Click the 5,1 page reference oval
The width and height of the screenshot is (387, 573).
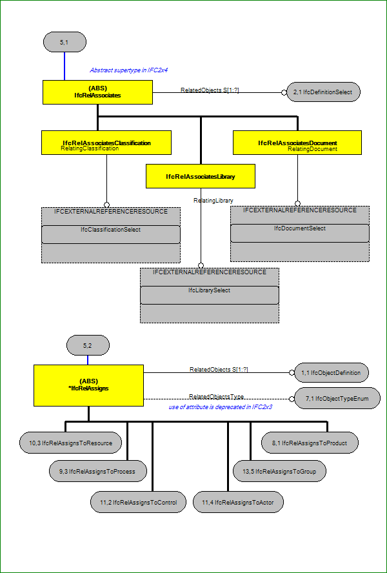(x=64, y=42)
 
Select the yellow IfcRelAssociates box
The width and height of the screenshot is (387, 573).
(x=97, y=92)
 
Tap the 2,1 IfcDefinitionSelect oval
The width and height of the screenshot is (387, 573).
(x=323, y=92)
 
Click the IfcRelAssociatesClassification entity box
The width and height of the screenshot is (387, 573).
(x=106, y=143)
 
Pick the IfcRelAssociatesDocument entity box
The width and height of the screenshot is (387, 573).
(x=297, y=143)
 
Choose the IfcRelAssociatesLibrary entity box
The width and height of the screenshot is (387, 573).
(x=200, y=176)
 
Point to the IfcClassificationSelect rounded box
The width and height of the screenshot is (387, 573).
(x=111, y=234)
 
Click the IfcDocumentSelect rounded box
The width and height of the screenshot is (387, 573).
(x=300, y=233)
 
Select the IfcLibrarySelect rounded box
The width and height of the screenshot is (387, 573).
(x=210, y=295)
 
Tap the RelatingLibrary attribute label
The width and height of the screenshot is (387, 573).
(x=213, y=200)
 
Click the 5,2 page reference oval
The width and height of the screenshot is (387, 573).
(x=88, y=345)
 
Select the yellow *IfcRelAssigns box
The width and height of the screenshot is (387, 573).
(x=88, y=385)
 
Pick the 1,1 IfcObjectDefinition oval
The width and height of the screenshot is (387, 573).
(x=331, y=373)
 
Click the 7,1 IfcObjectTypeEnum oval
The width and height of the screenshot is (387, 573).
(x=337, y=399)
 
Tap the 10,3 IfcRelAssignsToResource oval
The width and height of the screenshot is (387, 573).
(x=71, y=443)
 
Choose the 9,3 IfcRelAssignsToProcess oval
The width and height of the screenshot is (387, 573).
(x=98, y=471)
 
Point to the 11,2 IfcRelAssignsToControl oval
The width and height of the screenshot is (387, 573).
(x=138, y=502)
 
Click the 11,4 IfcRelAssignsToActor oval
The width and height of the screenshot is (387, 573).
(x=238, y=502)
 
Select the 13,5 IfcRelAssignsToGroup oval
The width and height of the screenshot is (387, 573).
(x=279, y=471)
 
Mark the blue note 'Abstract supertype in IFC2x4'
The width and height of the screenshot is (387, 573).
(x=128, y=70)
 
